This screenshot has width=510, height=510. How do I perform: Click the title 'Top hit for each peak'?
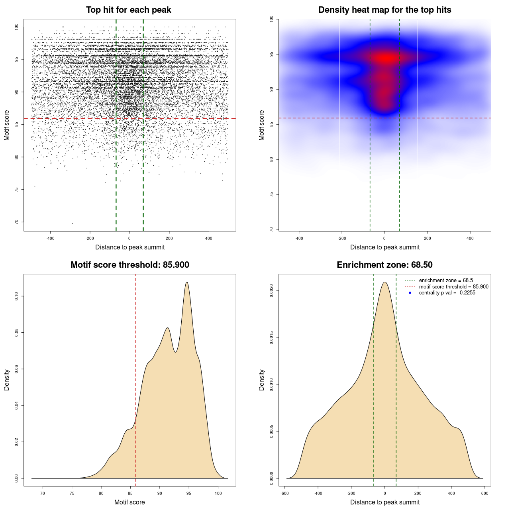(128, 10)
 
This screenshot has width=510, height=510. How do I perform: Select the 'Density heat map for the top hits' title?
(384, 10)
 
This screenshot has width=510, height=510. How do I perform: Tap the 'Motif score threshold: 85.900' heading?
(129, 265)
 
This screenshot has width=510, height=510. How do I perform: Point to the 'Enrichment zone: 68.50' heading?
(384, 265)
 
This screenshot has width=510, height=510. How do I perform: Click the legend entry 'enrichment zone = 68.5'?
(446, 280)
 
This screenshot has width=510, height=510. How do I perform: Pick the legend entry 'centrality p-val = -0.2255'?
(447, 293)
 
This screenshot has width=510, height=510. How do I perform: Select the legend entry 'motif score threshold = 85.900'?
(453, 287)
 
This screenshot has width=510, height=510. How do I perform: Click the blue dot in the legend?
(410, 293)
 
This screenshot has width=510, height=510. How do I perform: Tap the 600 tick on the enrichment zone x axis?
(484, 493)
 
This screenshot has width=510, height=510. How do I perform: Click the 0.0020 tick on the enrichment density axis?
(272, 291)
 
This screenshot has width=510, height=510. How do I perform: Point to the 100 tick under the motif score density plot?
(218, 493)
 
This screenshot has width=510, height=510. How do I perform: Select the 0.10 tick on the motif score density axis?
(17, 296)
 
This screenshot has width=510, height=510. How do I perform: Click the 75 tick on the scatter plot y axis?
(17, 189)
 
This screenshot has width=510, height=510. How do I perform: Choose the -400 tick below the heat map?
(299, 238)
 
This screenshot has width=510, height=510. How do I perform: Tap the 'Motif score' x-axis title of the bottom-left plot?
(129, 502)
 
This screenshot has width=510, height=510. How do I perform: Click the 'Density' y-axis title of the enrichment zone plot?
(262, 380)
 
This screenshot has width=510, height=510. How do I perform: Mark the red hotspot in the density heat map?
(385, 59)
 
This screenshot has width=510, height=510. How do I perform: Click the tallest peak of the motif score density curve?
(186, 282)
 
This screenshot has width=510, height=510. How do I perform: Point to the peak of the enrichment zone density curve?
(384, 282)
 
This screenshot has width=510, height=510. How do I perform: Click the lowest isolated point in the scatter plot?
(72, 223)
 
